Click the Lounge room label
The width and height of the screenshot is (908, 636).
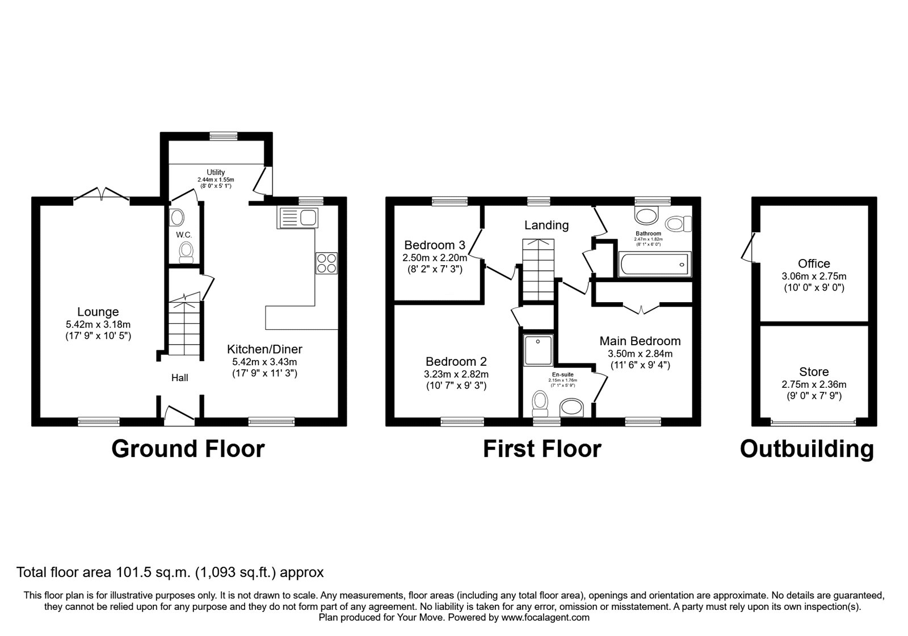[98, 312]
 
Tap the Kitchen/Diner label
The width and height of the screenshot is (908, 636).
[264, 349]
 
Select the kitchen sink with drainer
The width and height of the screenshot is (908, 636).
[297, 218]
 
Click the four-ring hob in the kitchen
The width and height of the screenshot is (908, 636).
[327, 263]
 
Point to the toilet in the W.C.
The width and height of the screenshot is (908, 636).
[186, 252]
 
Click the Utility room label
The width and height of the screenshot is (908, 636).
[216, 173]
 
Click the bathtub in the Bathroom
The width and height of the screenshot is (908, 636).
[654, 264]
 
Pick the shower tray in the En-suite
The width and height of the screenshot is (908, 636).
[538, 350]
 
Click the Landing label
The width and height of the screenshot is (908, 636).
[547, 225]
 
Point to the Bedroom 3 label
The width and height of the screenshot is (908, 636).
[435, 245]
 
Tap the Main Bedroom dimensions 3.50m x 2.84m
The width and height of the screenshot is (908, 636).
[640, 353]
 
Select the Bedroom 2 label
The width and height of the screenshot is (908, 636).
[456, 361]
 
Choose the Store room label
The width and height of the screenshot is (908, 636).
[814, 371]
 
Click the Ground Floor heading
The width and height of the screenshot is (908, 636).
[188, 449]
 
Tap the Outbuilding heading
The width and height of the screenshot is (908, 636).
[807, 449]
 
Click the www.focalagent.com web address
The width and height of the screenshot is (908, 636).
[545, 618]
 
